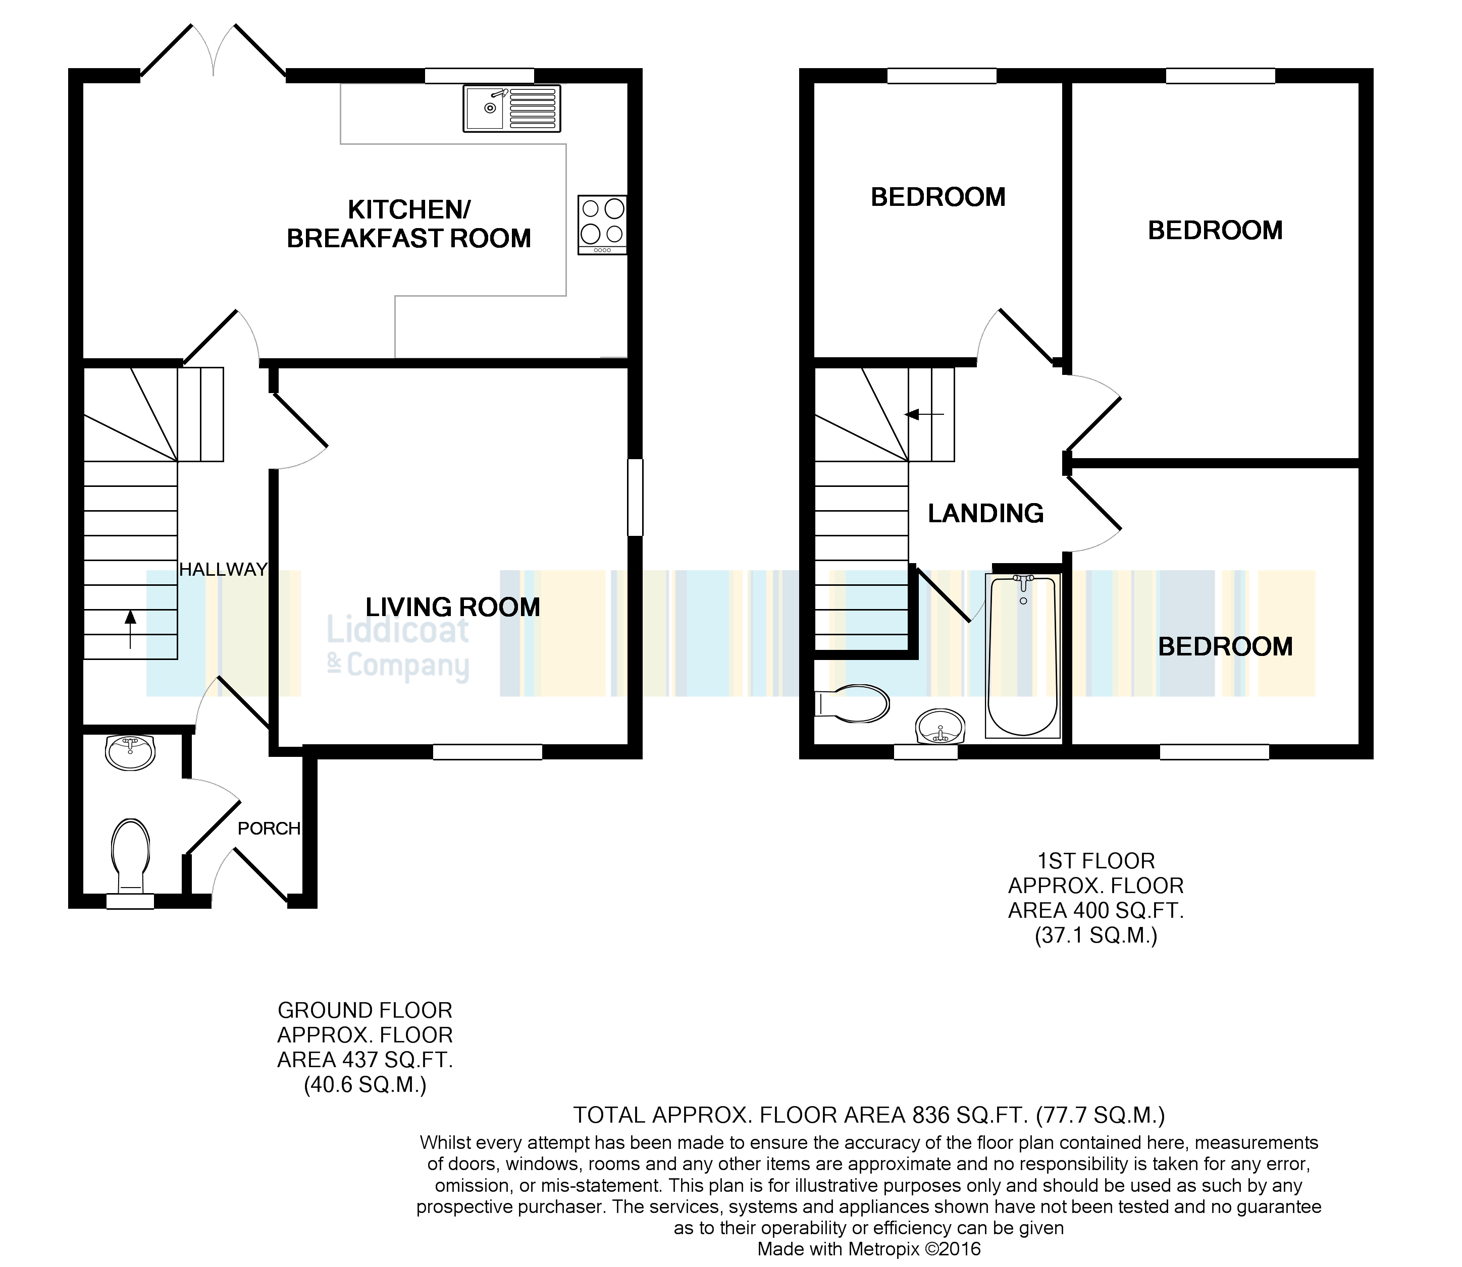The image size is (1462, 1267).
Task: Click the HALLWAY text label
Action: point(223,569)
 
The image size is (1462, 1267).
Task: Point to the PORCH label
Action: point(269,829)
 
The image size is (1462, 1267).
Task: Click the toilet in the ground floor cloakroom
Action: point(131,855)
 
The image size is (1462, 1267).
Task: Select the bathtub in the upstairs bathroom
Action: point(1023,655)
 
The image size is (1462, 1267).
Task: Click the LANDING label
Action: point(985,513)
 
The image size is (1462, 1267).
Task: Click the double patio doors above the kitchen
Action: point(214,51)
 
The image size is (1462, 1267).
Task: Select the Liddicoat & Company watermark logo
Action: point(398,647)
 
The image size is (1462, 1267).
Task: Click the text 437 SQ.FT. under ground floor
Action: point(364,1060)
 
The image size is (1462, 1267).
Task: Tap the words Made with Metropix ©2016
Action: point(869,1249)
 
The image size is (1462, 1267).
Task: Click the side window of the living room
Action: point(635,497)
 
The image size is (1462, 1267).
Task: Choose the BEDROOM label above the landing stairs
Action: point(938,197)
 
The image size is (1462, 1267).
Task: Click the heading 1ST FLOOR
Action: point(1095,861)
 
